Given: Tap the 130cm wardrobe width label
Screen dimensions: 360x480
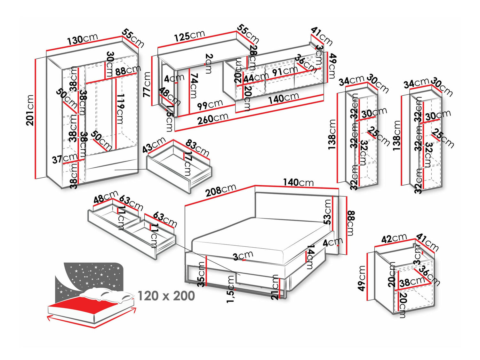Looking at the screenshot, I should (x=82, y=40).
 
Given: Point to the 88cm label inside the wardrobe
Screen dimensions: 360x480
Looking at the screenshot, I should (x=128, y=70).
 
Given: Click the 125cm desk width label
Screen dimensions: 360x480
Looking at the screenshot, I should (x=189, y=36).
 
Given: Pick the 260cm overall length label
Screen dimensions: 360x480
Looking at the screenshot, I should (x=212, y=118).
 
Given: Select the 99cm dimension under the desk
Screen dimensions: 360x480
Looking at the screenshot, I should (x=210, y=104).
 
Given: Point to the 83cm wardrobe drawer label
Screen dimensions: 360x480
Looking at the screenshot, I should (x=197, y=148).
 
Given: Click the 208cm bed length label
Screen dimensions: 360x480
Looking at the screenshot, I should (x=220, y=190).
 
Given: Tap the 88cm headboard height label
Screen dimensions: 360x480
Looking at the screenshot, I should (x=351, y=223).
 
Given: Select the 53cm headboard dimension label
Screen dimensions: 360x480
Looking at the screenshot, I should (x=327, y=212).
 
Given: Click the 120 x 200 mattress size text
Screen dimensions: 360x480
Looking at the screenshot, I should (x=166, y=296).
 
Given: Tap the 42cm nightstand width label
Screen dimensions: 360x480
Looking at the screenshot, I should (x=394, y=239).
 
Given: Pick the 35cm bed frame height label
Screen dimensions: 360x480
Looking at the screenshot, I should (x=201, y=274).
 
